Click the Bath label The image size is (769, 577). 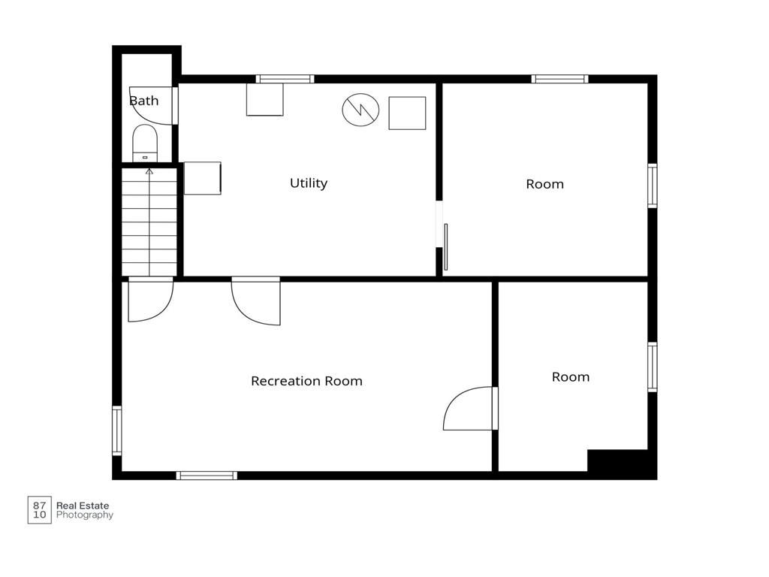tap(143, 101)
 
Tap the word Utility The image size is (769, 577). tap(309, 183)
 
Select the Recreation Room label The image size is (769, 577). tap(306, 381)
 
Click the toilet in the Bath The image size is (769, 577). tap(145, 143)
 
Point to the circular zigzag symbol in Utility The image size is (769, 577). tap(360, 110)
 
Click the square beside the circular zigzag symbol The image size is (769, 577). tap(407, 113)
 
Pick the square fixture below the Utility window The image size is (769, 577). tap(265, 100)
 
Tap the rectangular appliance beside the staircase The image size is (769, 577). tap(203, 178)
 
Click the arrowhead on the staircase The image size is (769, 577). tap(149, 171)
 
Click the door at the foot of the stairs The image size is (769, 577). tap(151, 299)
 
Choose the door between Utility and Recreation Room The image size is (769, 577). tap(256, 301)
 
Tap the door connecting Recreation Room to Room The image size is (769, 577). tap(471, 409)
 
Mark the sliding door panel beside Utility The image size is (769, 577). tap(446, 246)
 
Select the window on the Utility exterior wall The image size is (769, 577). tap(285, 79)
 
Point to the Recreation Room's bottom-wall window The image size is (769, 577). tap(207, 476)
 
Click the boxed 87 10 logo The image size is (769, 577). tap(39, 510)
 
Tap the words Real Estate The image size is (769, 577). tap(83, 506)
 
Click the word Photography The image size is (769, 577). tap(85, 515)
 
